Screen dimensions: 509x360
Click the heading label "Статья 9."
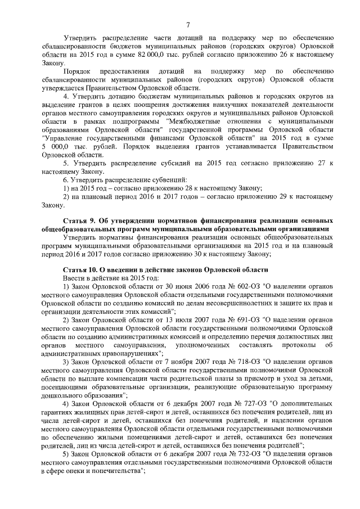coord(80,221)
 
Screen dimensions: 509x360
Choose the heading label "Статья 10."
coord(82,270)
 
